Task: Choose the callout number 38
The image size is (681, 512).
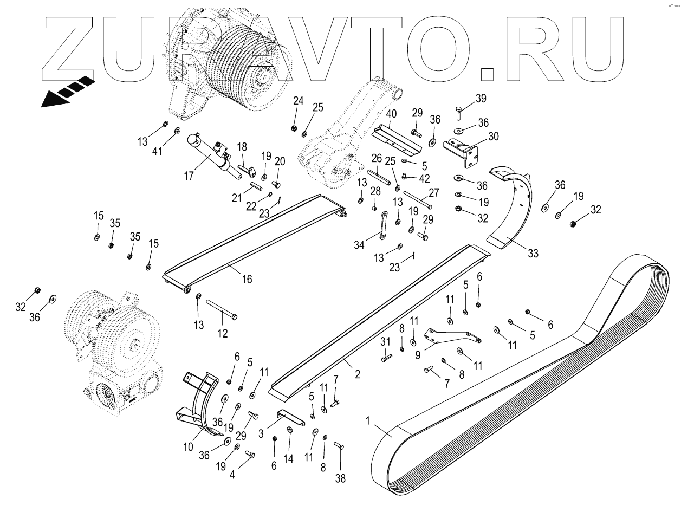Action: (340, 478)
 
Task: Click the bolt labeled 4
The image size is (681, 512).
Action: (250, 455)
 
